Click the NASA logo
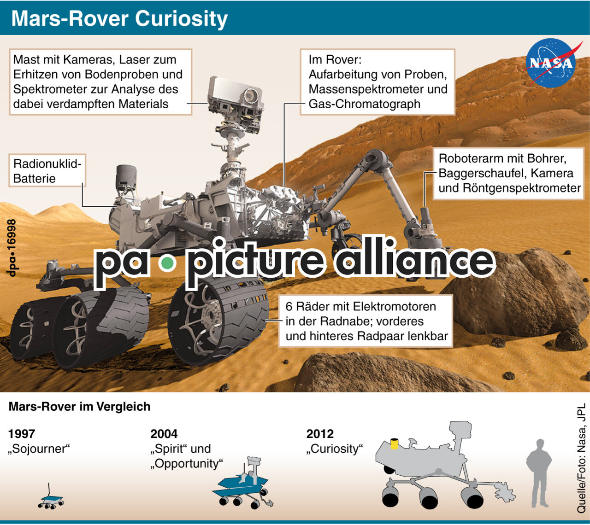point(552,63)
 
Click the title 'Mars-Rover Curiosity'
point(119,19)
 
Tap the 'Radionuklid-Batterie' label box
point(47,171)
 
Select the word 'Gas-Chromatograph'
point(364,104)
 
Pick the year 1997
point(22,434)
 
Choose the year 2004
point(164,434)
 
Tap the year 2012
point(320,434)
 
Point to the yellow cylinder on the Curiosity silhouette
point(395,443)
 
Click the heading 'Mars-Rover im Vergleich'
point(79,407)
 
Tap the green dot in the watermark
point(167,263)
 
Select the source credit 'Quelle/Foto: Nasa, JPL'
point(581,458)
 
